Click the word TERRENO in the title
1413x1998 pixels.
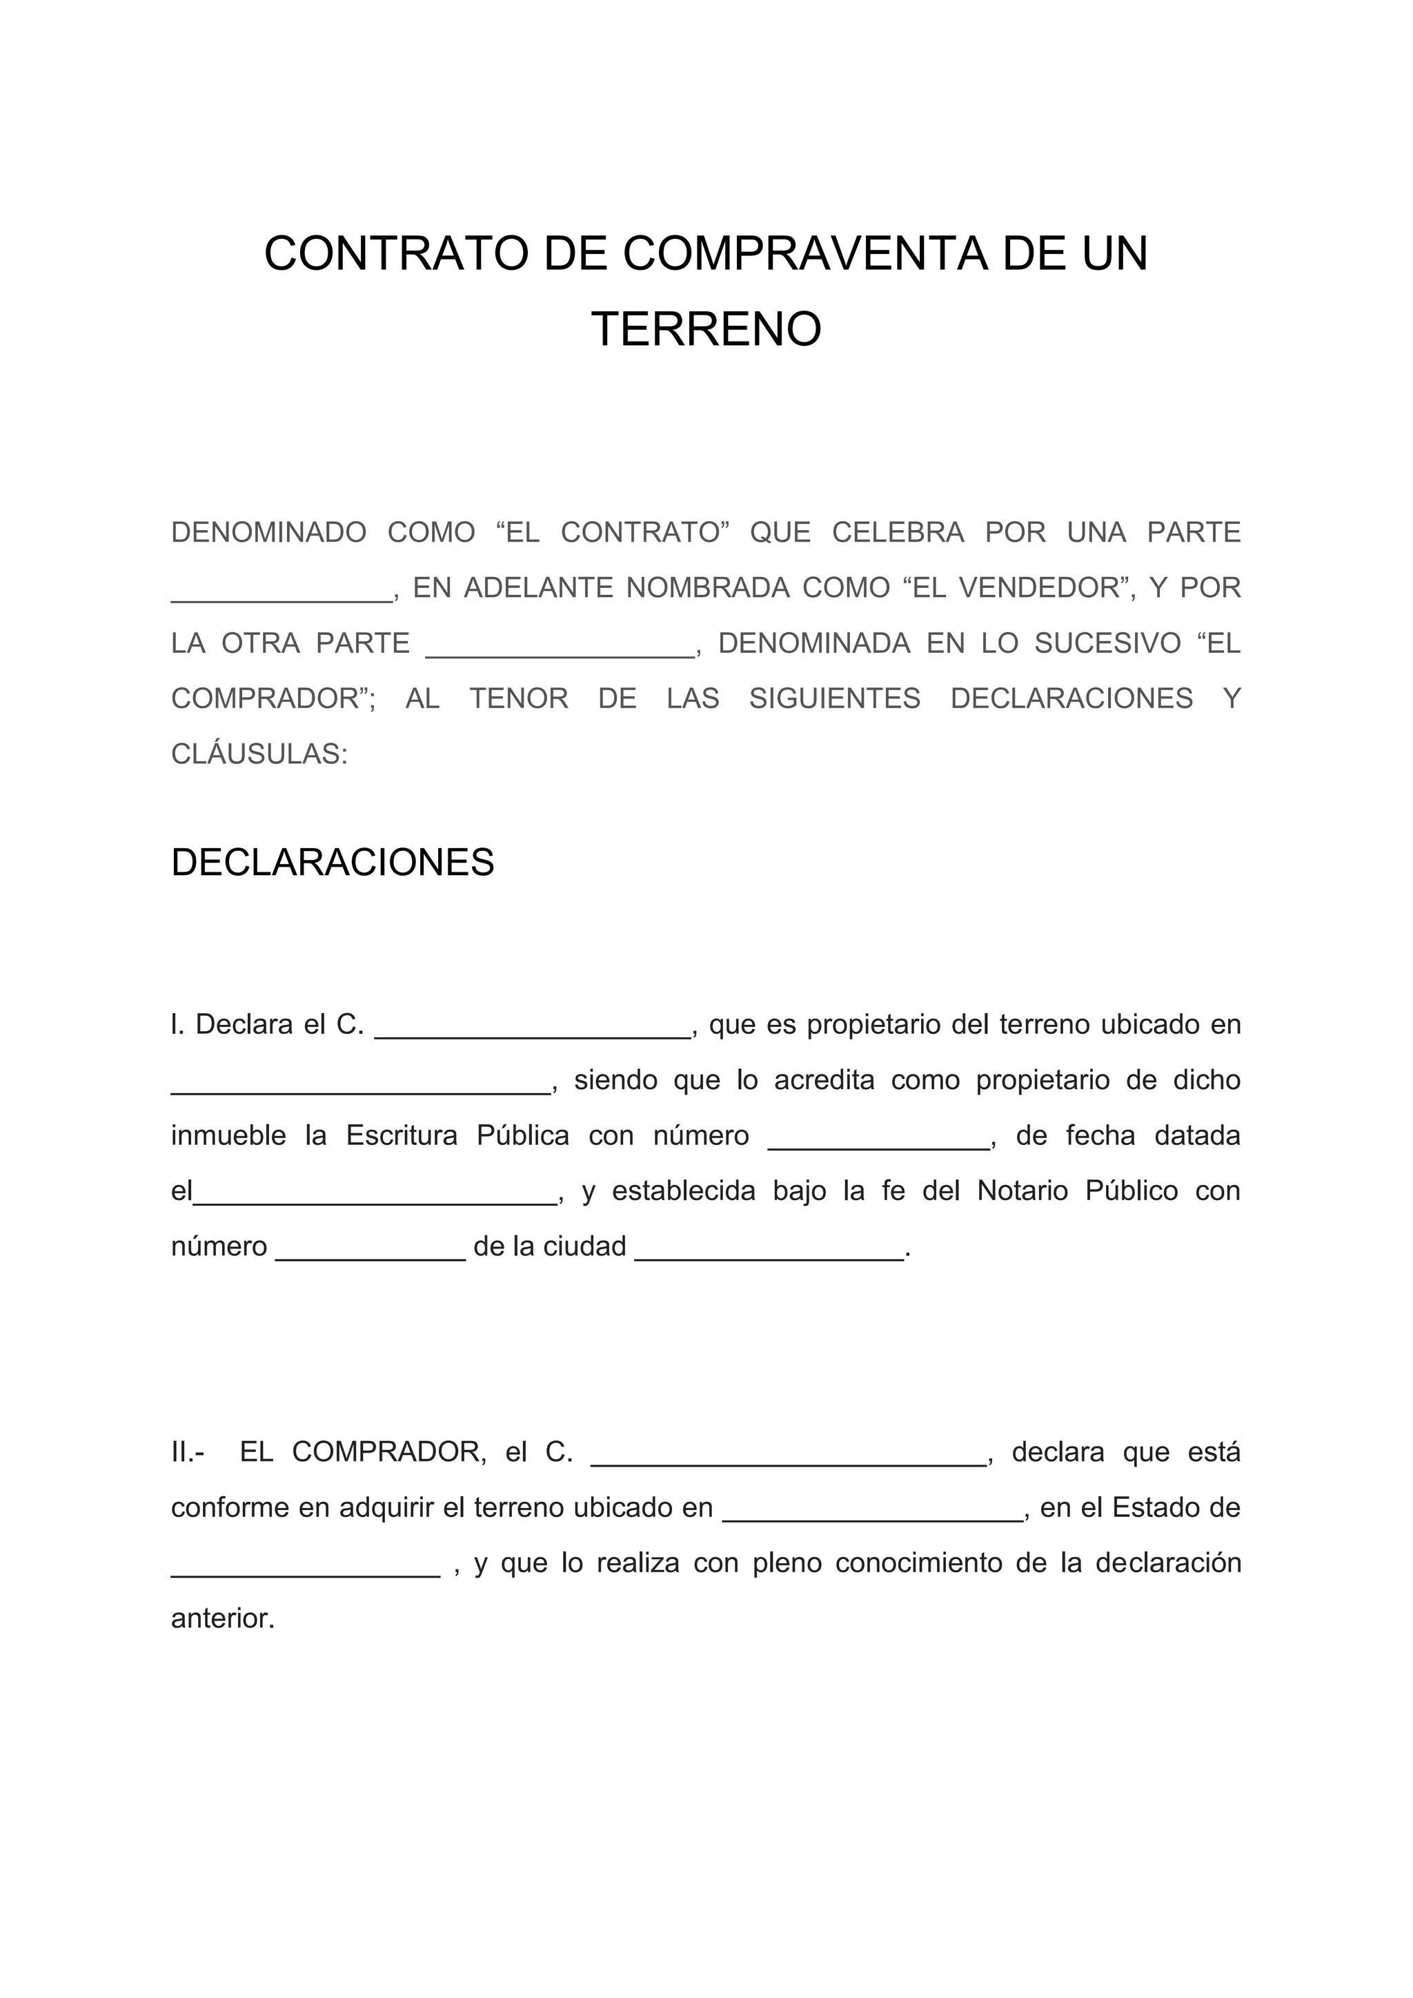coord(706,330)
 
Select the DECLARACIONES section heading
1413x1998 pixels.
coord(333,863)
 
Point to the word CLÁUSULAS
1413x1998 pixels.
coord(259,754)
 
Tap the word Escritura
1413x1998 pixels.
coord(401,1135)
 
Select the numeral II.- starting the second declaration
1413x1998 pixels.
coord(188,1451)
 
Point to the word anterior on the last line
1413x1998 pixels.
coord(222,1618)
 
